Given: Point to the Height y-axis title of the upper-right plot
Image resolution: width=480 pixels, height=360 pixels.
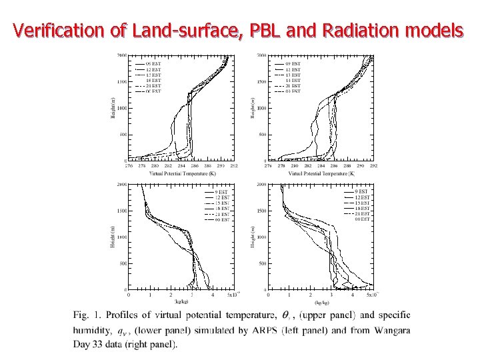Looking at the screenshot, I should [253, 106].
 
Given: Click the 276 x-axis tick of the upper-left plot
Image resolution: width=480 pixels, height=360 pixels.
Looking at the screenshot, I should [129, 166].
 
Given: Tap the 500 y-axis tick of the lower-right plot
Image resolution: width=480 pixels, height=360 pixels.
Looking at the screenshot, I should [262, 263].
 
